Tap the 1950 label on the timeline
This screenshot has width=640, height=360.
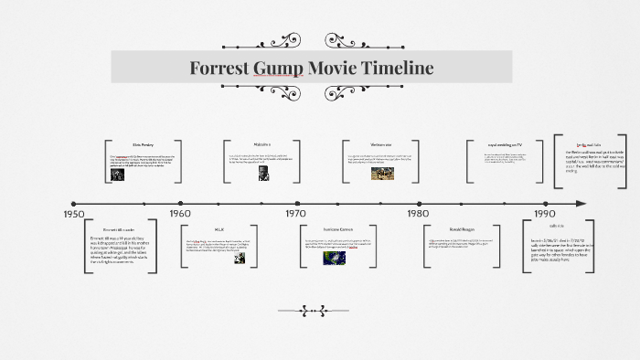(x=74, y=213)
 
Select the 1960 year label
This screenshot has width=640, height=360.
(x=180, y=213)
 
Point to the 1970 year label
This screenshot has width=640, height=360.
(x=295, y=213)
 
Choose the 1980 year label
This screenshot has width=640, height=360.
(x=418, y=213)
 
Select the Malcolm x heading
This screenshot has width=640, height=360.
(x=262, y=144)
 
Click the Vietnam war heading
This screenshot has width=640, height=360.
(x=382, y=144)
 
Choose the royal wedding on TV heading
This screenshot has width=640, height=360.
(x=505, y=144)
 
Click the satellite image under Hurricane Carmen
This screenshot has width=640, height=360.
(x=334, y=258)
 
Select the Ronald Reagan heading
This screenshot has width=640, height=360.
(x=462, y=228)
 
